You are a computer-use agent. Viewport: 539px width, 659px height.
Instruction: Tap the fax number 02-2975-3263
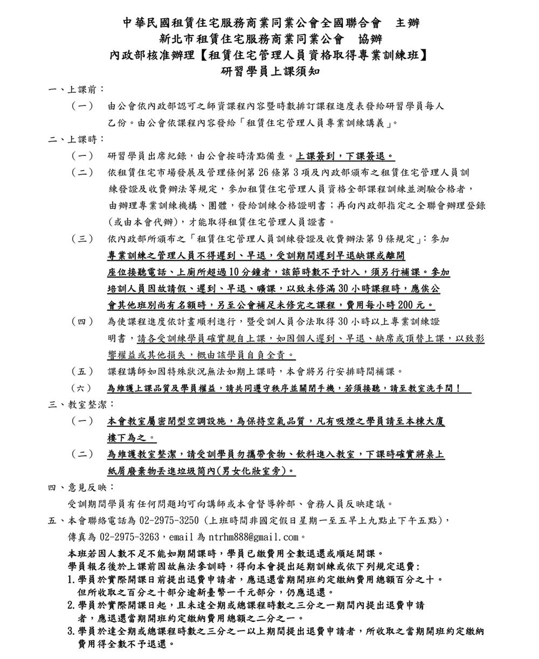coord(129,537)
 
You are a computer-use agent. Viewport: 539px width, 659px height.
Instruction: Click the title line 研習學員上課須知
coord(269,71)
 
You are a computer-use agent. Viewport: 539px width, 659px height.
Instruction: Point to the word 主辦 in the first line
coord(408,23)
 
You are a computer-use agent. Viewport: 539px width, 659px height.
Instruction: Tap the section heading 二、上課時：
coord(76,139)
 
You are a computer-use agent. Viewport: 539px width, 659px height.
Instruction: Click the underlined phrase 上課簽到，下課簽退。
coord(345,156)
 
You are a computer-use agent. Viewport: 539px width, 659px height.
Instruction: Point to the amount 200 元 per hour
coord(412,305)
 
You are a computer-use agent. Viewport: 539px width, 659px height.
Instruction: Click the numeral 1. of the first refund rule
coord(71,580)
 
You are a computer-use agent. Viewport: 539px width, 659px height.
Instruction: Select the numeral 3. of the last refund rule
coord(71,631)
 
